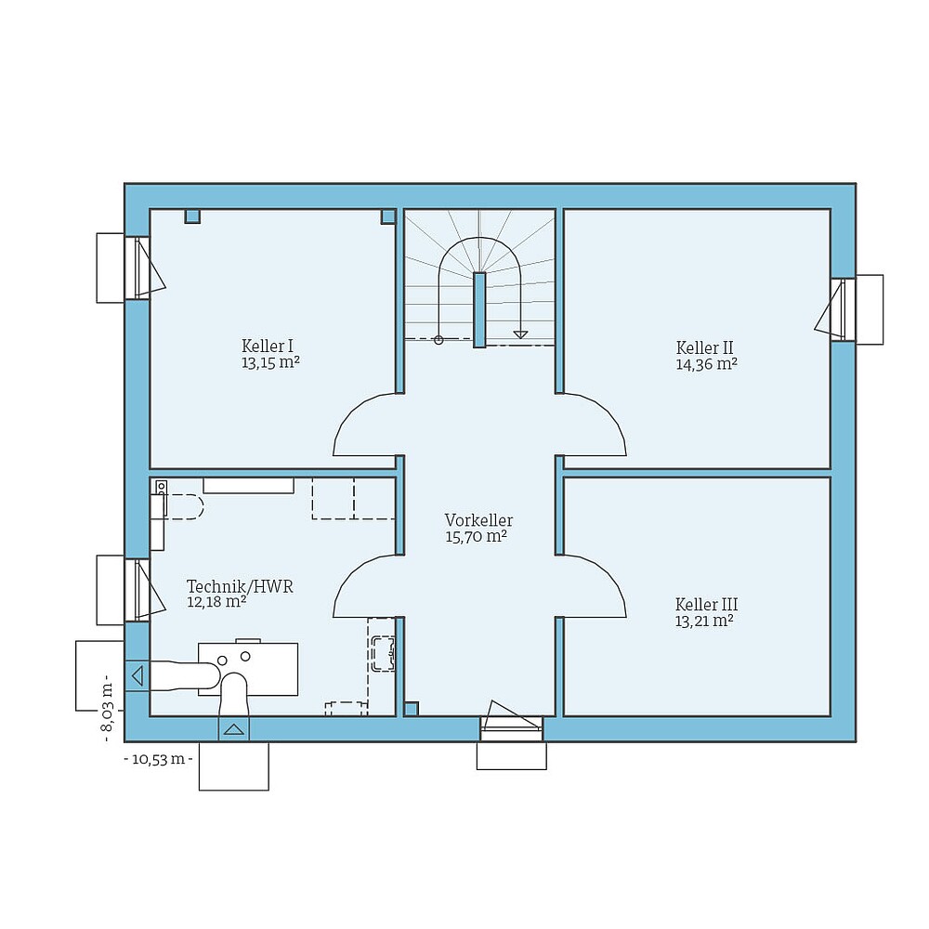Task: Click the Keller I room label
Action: [x=268, y=346]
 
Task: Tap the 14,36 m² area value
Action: [x=706, y=365]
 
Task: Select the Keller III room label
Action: [x=707, y=605]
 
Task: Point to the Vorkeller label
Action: [x=478, y=520]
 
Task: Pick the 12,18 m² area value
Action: [x=216, y=602]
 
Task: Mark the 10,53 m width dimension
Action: [x=158, y=759]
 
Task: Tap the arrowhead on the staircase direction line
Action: [x=520, y=334]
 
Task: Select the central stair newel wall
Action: [x=479, y=309]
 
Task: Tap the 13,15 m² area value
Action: [x=270, y=362]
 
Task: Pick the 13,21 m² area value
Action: [x=704, y=622]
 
